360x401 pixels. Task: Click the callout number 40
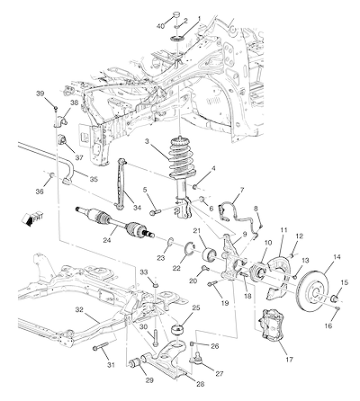coord(161,26)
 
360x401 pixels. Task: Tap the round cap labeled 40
coord(177,14)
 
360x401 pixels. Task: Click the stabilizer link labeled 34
coord(121,183)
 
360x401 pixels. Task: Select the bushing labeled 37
coord(62,139)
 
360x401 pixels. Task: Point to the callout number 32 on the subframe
coord(79,310)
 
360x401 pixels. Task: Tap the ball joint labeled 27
coord(195,357)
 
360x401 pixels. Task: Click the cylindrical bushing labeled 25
coord(178,331)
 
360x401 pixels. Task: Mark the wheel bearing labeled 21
coord(210,254)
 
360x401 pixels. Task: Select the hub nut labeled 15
coord(334,298)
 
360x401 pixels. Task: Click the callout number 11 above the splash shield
coord(283,230)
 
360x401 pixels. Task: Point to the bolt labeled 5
coord(155,212)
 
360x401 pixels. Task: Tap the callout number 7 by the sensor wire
coord(242,190)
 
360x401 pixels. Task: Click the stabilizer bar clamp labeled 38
coord(61,121)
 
